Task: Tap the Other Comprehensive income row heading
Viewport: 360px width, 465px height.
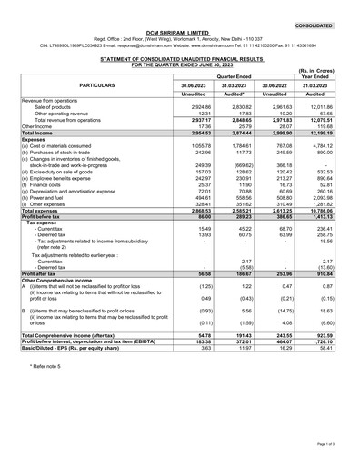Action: (x=64, y=305)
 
